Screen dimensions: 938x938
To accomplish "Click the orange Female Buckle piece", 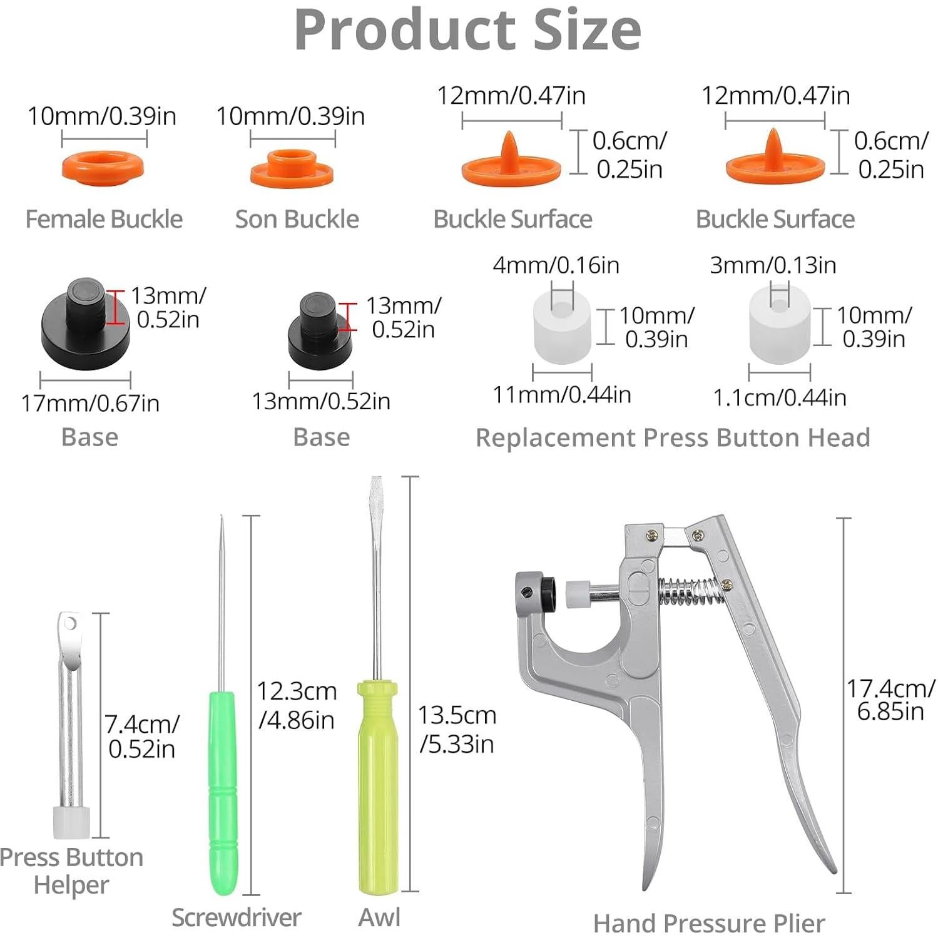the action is (103, 166).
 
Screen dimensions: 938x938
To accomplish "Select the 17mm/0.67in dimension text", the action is (90, 404).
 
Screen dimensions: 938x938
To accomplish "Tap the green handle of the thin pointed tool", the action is (222, 792).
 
